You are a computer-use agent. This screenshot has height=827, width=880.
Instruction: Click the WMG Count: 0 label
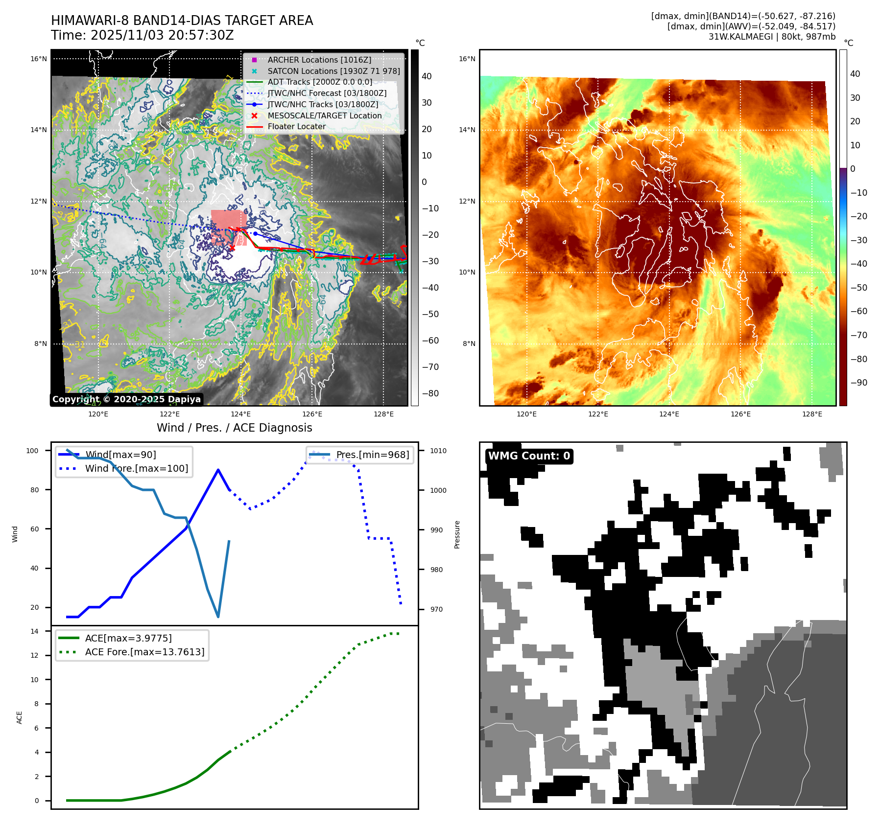pyautogui.click(x=529, y=456)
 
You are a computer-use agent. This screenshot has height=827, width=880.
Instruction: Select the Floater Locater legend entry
pyautogui.click(x=296, y=127)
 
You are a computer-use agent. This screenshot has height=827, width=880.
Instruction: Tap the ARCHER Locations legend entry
pyautogui.click(x=319, y=60)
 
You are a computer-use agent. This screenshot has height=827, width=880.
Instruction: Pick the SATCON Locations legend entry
pyautogui.click(x=333, y=71)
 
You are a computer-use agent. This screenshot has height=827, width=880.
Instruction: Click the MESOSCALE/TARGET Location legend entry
pyautogui.click(x=324, y=115)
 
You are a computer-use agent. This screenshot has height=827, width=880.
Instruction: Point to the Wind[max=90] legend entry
pyautogui.click(x=120, y=455)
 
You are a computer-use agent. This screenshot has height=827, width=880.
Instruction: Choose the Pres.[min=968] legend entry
pyautogui.click(x=372, y=455)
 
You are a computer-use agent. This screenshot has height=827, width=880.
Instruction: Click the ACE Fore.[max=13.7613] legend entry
pyautogui.click(x=144, y=652)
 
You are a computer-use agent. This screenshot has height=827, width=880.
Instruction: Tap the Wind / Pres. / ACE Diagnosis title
pyautogui.click(x=234, y=428)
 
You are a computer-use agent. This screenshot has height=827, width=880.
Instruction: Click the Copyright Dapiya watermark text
pyautogui.click(x=126, y=399)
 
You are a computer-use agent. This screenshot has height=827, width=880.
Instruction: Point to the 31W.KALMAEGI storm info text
pyautogui.click(x=772, y=37)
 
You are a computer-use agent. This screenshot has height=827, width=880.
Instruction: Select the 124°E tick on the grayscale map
pyautogui.click(x=241, y=414)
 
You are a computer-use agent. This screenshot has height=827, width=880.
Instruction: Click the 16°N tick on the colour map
pyautogui.click(x=467, y=59)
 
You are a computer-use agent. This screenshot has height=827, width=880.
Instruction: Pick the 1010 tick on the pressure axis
pyautogui.click(x=438, y=451)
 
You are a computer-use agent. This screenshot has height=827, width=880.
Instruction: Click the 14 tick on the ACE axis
pyautogui.click(x=35, y=631)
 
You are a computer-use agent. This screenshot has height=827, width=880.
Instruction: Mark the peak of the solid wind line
pyautogui.click(x=218, y=470)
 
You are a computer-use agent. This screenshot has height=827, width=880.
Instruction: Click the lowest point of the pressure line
pyautogui.click(x=218, y=617)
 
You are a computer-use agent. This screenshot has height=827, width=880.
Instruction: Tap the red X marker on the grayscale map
pyautogui.click(x=232, y=248)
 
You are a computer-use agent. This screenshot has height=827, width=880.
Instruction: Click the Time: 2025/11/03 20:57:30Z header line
pyautogui.click(x=143, y=36)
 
